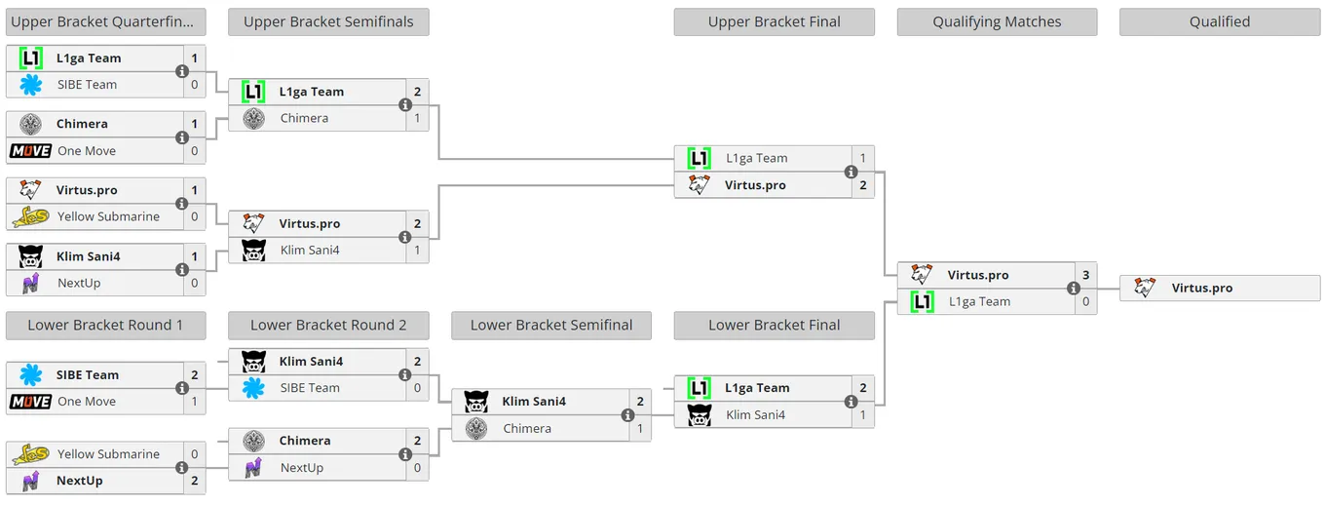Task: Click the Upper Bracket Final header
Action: pos(774,21)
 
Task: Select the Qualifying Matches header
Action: pos(997,21)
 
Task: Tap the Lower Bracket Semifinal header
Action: pos(551,325)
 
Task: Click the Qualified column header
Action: pos(1220,21)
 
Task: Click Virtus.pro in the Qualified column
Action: pos(1202,288)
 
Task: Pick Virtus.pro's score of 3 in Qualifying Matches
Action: pos(1086,275)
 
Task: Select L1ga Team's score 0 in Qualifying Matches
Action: pos(1086,301)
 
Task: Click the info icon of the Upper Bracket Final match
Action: pos(851,172)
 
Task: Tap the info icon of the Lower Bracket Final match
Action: pos(851,402)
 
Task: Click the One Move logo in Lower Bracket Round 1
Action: pos(31,402)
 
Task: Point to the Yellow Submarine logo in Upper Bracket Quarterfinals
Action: pos(31,216)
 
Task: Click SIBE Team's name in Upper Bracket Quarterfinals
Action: pos(87,85)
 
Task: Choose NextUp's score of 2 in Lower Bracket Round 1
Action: pos(195,481)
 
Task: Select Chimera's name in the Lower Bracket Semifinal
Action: pos(527,428)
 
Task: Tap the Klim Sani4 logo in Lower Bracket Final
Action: pos(700,415)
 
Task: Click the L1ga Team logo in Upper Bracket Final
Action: pos(700,158)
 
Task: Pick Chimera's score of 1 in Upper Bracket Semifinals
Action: pos(417,118)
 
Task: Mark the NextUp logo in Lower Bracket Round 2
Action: pos(253,468)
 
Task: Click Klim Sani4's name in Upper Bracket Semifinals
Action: pos(310,250)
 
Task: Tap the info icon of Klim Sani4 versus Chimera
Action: pos(627,415)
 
